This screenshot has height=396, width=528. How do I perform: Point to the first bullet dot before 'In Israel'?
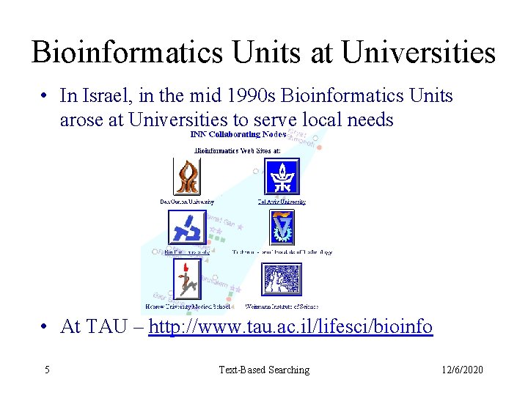45,96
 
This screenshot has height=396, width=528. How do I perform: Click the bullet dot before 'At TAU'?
45,326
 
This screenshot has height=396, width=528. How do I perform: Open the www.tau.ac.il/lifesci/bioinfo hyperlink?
290,326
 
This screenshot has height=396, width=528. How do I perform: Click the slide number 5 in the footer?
47,370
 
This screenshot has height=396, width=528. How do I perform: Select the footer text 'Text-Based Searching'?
264,370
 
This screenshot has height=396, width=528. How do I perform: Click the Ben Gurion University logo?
187,176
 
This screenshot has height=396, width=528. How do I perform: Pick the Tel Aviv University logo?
281,176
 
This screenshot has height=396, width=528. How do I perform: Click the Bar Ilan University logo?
187,228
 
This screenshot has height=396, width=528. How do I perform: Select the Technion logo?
281,227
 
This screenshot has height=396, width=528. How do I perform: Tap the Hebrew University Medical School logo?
187,279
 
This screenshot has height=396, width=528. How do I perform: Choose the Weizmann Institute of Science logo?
281,279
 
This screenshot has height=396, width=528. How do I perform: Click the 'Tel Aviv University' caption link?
281,202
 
